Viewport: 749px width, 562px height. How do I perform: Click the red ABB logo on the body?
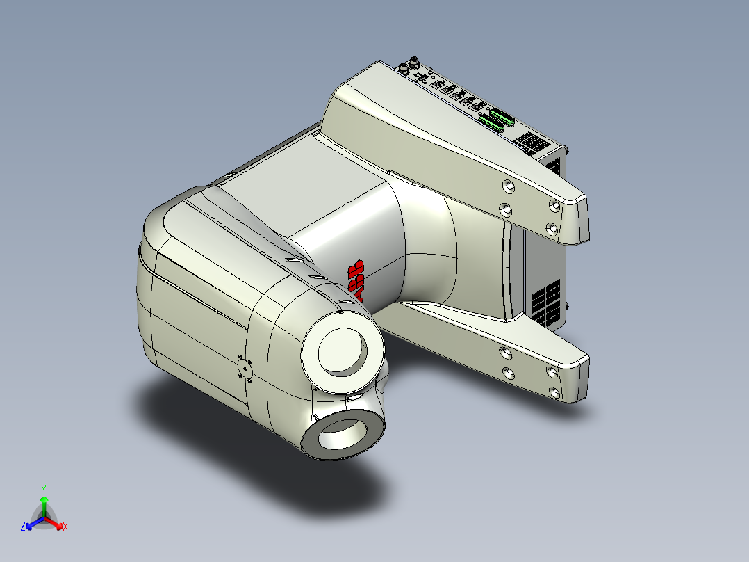click(x=357, y=281)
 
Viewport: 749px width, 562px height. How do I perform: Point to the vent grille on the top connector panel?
click(x=533, y=143)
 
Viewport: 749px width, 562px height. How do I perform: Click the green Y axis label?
click(x=43, y=488)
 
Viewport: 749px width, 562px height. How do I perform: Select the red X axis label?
click(x=65, y=527)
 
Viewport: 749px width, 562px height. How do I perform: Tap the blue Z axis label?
click(x=23, y=527)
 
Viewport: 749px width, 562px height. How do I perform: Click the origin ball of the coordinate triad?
click(x=44, y=517)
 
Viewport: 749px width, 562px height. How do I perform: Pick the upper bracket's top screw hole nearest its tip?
click(x=554, y=205)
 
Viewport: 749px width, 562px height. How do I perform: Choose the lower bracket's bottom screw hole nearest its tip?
click(x=554, y=393)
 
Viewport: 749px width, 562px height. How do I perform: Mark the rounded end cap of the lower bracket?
click(x=579, y=379)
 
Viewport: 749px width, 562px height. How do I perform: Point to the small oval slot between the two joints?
click(x=354, y=397)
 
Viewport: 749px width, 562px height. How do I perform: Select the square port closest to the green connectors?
click(x=479, y=106)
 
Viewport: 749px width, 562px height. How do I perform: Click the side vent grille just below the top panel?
click(x=554, y=165)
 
